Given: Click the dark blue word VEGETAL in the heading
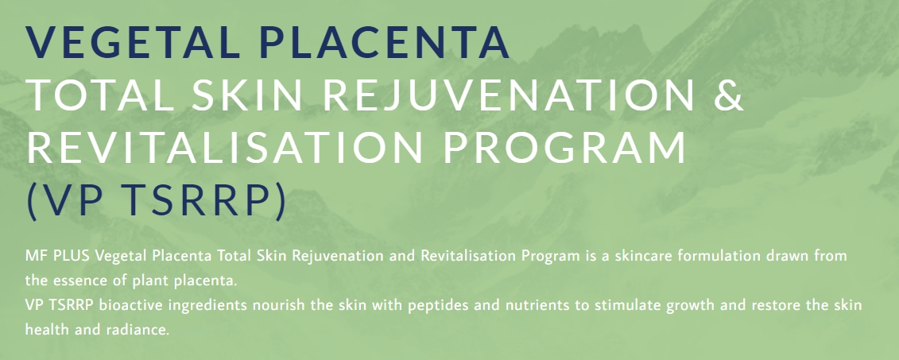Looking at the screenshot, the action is coord(134,42).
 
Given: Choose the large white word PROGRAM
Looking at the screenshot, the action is coord(564,147).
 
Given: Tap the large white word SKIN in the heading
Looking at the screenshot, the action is coord(247,95).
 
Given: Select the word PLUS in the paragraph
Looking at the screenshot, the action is coord(72,256).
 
